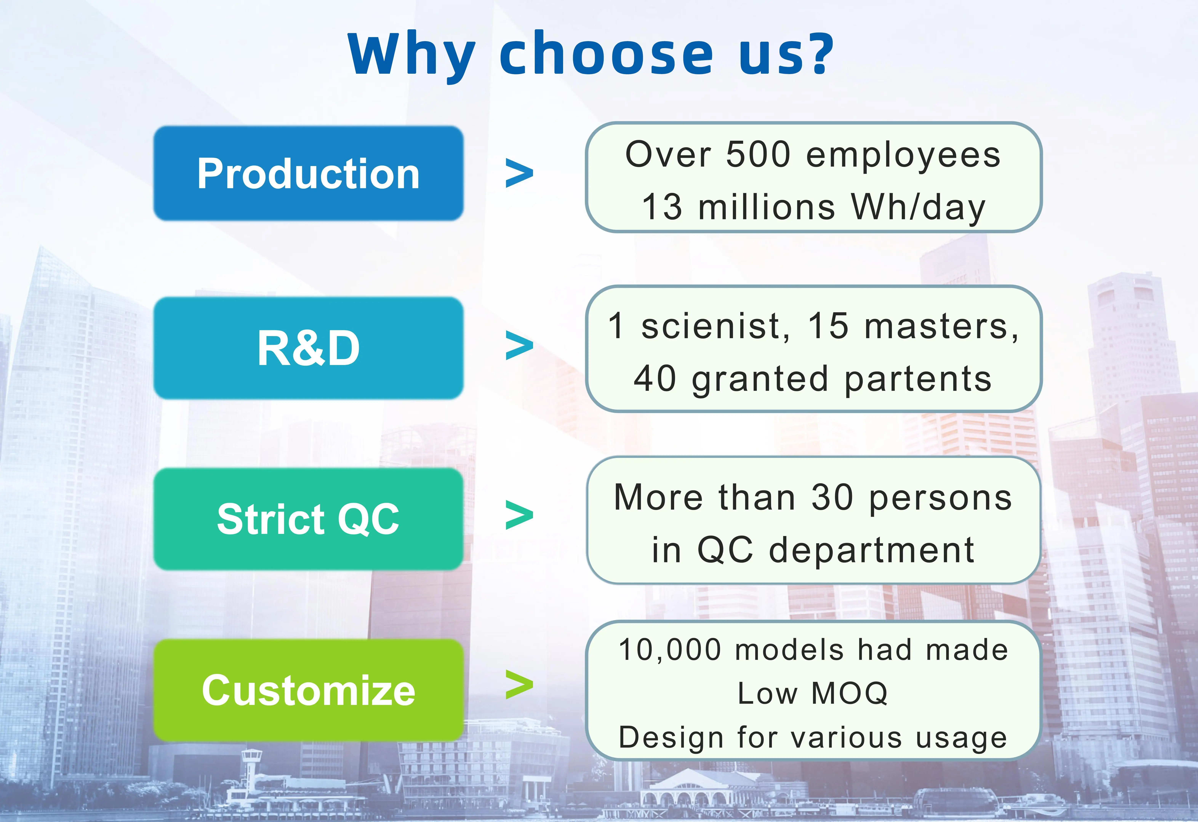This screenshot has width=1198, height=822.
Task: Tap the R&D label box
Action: [x=308, y=348]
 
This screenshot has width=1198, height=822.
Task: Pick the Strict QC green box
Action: [x=308, y=519]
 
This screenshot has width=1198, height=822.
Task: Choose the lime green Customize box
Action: [x=308, y=690]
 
